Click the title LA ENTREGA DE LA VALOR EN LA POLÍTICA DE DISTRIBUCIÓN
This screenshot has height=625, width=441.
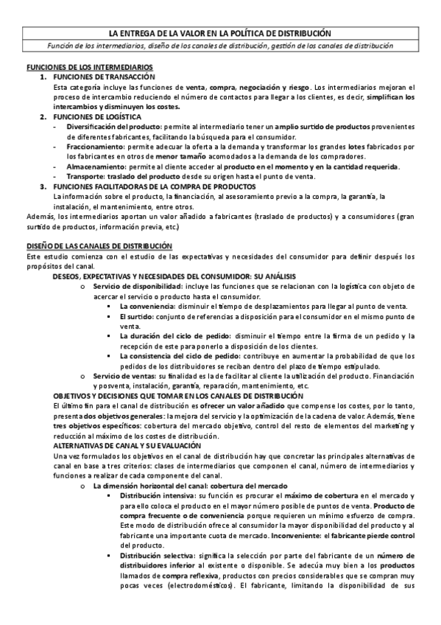click(x=220, y=34)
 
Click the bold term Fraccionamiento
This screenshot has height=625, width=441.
click(x=92, y=147)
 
